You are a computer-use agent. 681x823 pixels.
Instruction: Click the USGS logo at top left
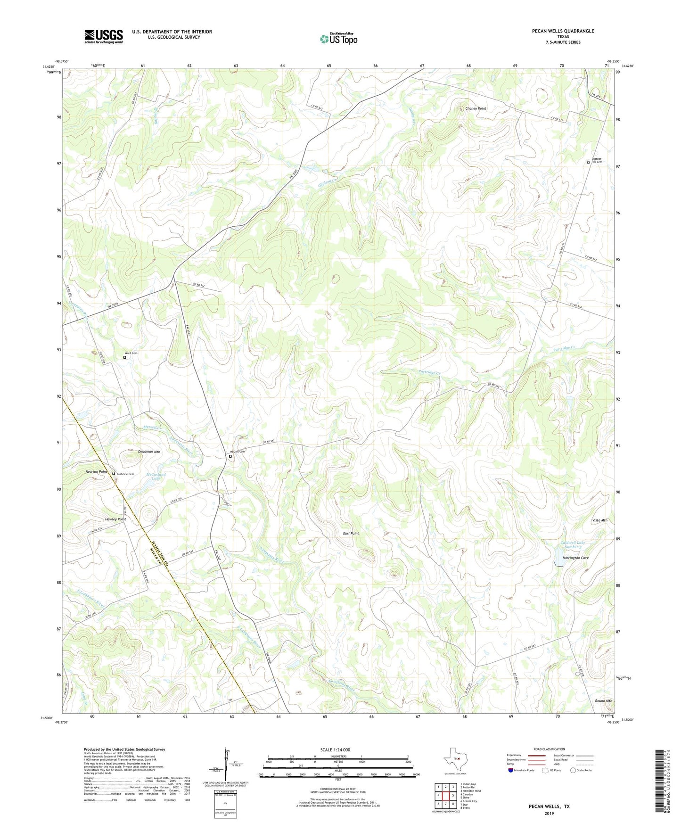pos(104,36)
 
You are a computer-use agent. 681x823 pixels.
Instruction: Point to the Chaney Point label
pos(476,108)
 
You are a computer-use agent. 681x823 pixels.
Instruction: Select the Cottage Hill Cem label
pos(597,160)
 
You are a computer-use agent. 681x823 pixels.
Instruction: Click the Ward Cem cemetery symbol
pos(124,357)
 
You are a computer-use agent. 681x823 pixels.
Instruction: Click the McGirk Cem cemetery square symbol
pos(230,456)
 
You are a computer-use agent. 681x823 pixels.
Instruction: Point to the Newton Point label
pos(96,472)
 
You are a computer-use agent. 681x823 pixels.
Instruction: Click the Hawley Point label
pos(115,519)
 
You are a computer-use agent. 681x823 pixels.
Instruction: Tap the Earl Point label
pos(351,533)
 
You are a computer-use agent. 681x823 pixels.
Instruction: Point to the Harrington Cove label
pos(575,558)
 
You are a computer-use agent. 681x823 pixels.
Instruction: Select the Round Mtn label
pos(603,701)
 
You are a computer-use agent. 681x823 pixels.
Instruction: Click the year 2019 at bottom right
pos(549,813)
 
